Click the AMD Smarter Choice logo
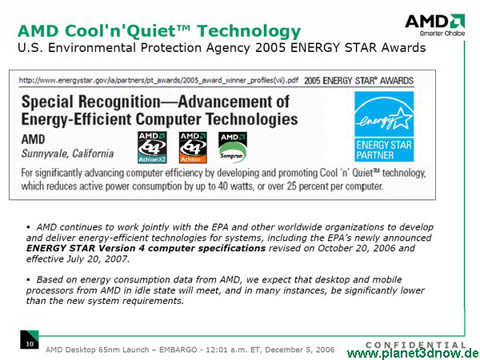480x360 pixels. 435,26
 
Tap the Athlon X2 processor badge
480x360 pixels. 152,147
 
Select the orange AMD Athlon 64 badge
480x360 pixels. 193,147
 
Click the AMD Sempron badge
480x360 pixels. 233,147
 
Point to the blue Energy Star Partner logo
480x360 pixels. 384,126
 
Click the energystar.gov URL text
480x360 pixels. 158,81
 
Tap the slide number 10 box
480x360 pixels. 30,339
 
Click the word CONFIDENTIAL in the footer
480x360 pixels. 416,345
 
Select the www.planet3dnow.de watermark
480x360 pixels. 414,354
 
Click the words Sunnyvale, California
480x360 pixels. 67,154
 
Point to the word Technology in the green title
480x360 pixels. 249,31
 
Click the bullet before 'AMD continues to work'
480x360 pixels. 29,227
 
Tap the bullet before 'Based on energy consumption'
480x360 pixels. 29,279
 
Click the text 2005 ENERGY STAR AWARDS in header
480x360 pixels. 358,81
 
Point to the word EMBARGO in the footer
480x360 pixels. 178,350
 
